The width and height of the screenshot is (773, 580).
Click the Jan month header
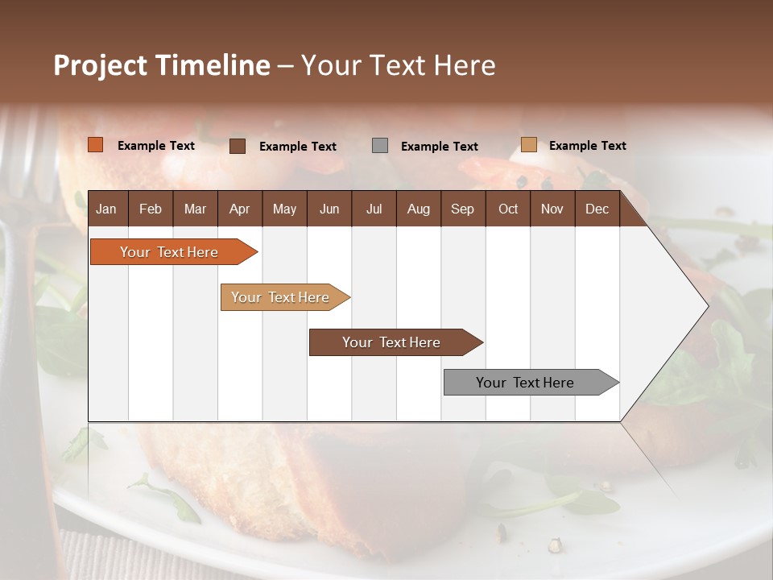[x=106, y=209]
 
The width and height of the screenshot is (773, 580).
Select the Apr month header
[x=239, y=209]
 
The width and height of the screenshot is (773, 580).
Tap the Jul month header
[x=374, y=209]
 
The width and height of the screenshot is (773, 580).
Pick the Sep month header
[x=462, y=209]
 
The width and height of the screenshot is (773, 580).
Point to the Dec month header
[x=597, y=209]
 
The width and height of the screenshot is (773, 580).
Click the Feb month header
[x=151, y=209]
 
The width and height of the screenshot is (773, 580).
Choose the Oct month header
[x=508, y=209]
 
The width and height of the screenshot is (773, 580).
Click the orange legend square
[x=96, y=145]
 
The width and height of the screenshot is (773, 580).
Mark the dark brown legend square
[x=238, y=146]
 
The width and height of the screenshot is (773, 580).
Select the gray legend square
[x=380, y=146]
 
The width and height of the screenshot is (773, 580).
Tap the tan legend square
[x=528, y=145]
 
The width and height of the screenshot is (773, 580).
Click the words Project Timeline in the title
[x=162, y=65]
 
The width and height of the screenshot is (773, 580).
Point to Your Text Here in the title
[x=399, y=65]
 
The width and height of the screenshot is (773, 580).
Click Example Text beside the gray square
[x=440, y=147]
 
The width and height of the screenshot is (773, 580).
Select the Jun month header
[x=329, y=209]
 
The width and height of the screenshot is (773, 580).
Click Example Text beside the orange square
[x=156, y=146]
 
